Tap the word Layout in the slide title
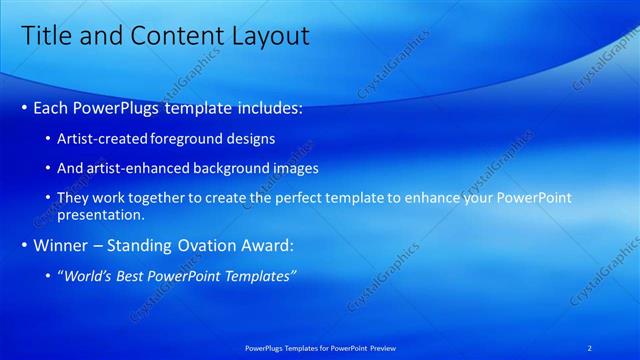(x=267, y=36)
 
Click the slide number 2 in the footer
(x=589, y=347)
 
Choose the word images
(x=293, y=168)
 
